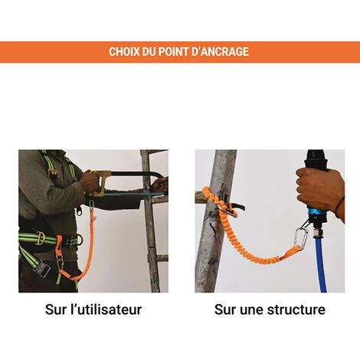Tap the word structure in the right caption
(296, 309)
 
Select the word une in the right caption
(251, 310)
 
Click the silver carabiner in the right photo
(301, 239)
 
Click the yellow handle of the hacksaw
(100, 182)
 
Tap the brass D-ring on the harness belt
(40, 238)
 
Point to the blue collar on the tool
(316, 211)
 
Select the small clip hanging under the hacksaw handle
(92, 205)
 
